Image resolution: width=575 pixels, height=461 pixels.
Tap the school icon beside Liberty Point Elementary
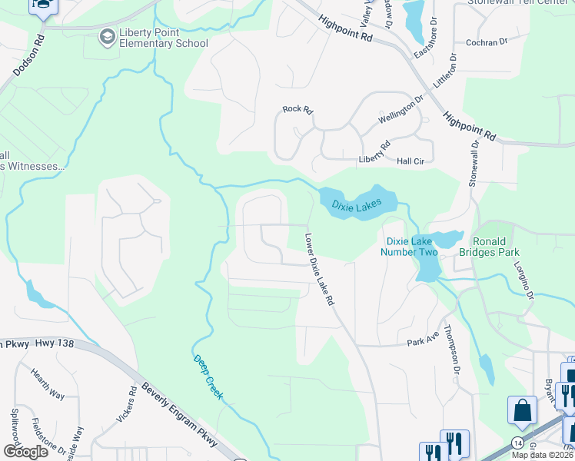(108, 38)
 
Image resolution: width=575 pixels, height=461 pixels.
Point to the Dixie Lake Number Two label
(411, 246)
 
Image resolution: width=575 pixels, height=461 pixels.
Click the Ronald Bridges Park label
(489, 246)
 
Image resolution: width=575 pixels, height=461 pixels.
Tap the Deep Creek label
(208, 376)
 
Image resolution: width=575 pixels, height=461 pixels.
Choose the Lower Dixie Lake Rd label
(320, 270)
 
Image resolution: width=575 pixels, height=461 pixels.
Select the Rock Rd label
(297, 110)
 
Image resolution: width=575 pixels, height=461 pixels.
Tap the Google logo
(25, 452)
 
